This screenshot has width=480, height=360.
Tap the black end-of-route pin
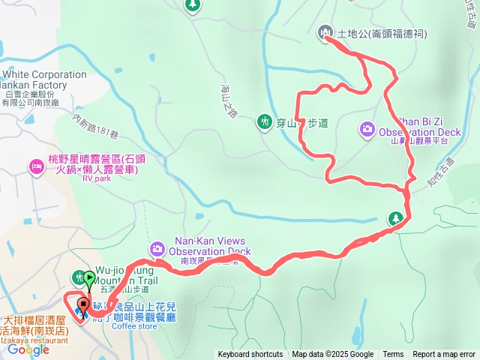(x=82, y=306)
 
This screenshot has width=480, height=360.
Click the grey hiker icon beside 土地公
(x=325, y=32)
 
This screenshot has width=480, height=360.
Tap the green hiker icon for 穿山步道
(x=264, y=121)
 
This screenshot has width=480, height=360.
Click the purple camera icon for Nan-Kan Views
(x=157, y=247)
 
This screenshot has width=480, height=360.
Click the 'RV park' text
(x=96, y=179)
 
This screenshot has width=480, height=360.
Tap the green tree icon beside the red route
(x=395, y=218)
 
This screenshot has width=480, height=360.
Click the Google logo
(x=28, y=349)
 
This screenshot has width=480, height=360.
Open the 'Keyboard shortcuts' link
(x=250, y=355)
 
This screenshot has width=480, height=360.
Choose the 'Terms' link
(x=393, y=355)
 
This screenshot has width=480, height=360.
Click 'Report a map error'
(x=444, y=355)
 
